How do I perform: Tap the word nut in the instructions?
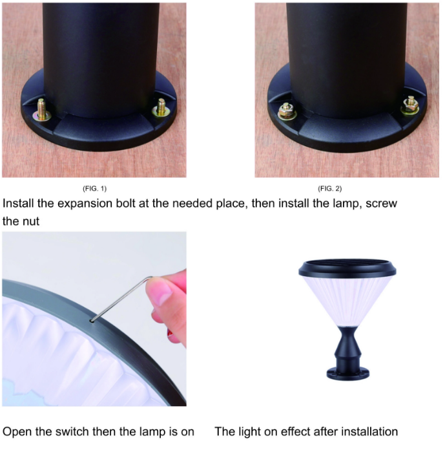(30, 222)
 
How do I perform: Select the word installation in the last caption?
(364, 431)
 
